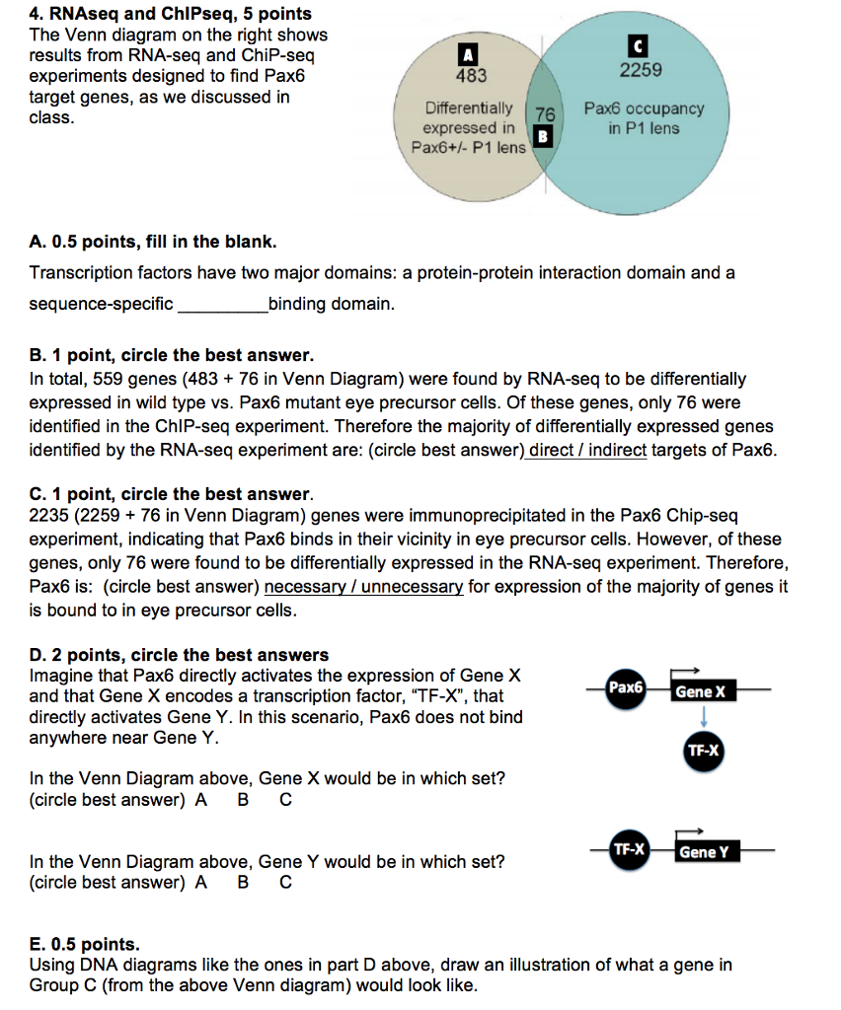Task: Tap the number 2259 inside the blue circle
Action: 641,70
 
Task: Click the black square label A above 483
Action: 470,54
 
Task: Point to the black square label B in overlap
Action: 541,136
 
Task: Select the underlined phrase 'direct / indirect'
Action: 588,451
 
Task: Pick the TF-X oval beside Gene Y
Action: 628,848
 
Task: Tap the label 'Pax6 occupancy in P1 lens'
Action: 644,118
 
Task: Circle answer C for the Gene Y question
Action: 285,883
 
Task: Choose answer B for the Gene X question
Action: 244,800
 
